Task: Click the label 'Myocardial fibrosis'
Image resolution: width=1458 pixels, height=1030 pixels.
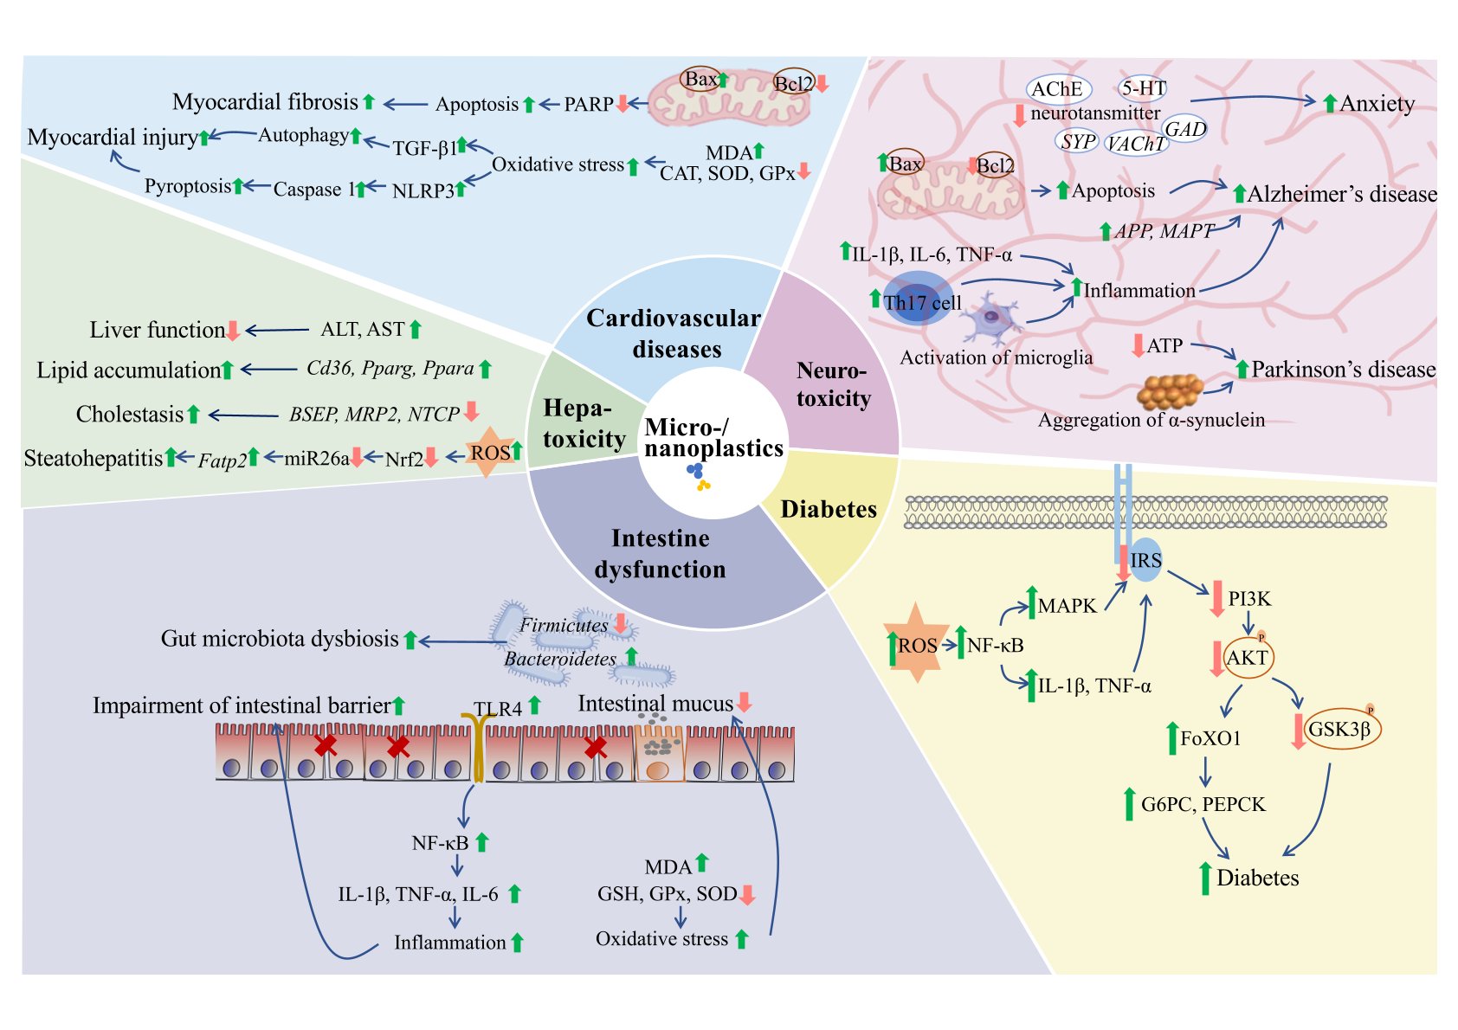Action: click(265, 102)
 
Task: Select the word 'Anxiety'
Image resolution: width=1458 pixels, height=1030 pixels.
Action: click(1377, 104)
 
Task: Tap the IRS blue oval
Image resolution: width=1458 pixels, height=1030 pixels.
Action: click(1145, 561)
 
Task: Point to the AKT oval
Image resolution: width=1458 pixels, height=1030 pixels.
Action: click(1248, 658)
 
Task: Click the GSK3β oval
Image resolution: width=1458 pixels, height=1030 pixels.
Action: click(1340, 729)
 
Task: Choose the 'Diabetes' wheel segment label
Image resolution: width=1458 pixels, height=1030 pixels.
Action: click(829, 509)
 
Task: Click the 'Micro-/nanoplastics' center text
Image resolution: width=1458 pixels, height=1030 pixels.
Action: click(713, 438)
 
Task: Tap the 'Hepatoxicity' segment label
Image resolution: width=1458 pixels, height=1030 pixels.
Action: click(584, 424)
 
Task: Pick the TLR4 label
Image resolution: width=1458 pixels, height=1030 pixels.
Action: click(498, 709)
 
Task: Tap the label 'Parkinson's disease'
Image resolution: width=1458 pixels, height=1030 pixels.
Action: click(1343, 370)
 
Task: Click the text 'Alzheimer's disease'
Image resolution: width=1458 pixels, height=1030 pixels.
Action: click(1341, 195)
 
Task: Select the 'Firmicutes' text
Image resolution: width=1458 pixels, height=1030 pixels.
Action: click(564, 625)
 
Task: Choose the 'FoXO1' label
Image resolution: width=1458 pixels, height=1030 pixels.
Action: click(1210, 738)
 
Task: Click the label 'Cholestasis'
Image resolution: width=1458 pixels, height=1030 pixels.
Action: click(130, 415)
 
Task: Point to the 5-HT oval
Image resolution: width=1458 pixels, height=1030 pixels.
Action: click(1143, 88)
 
